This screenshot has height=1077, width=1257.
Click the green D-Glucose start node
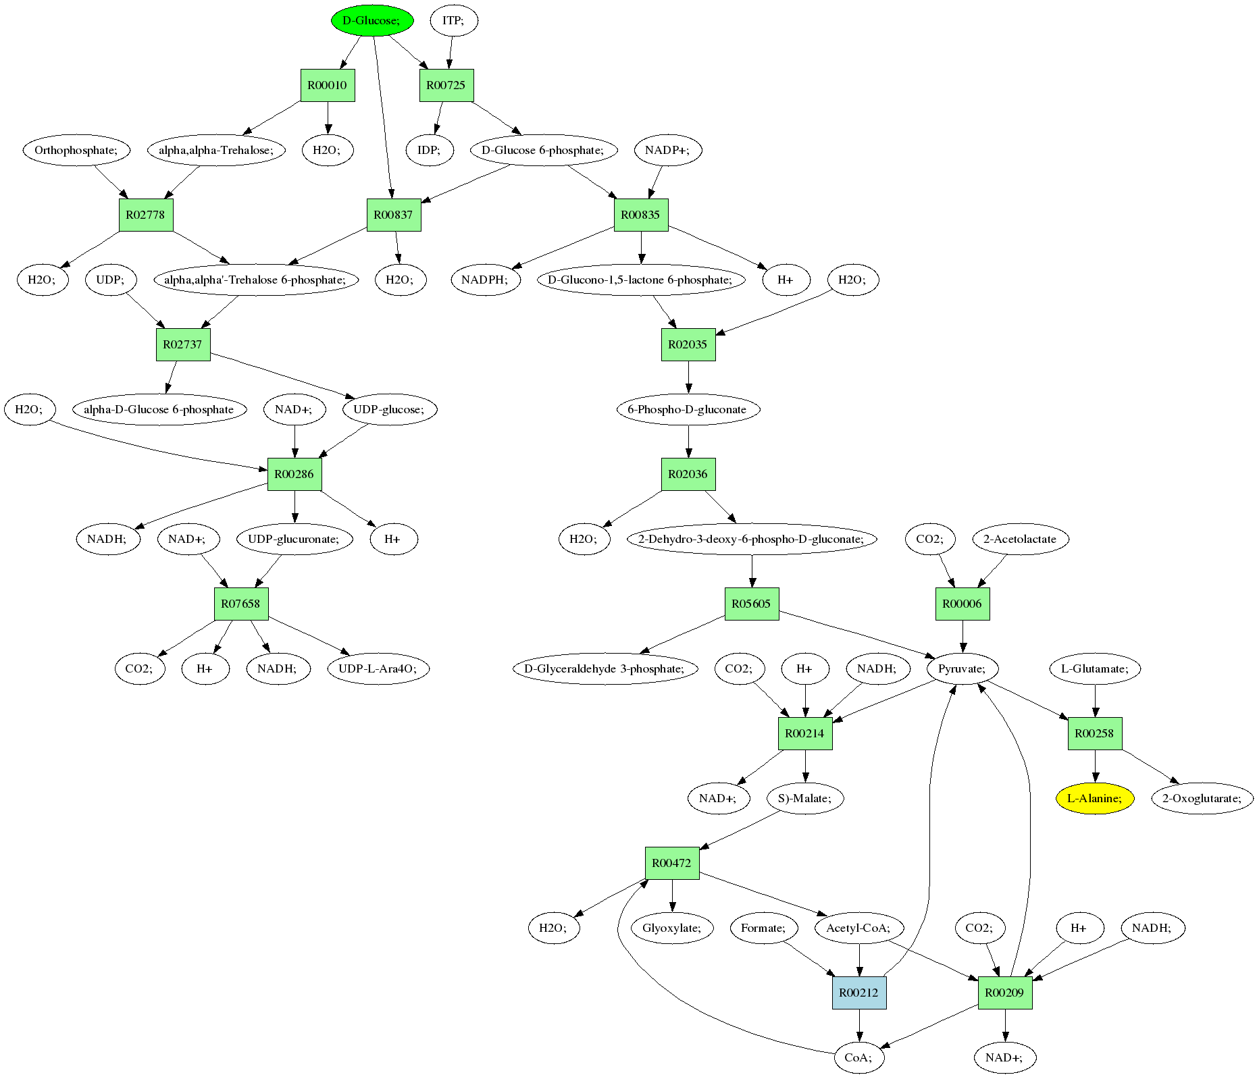pyautogui.click(x=371, y=20)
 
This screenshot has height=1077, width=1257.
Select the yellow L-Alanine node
pyautogui.click(x=1094, y=798)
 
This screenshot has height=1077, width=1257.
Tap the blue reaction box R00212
pyautogui.click(x=858, y=993)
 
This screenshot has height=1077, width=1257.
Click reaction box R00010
pyautogui.click(x=328, y=85)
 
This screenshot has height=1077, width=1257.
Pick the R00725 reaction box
pyautogui.click(x=446, y=85)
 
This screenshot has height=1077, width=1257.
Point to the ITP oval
pyautogui.click(x=453, y=20)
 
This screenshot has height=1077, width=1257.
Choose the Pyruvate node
pyautogui.click(x=962, y=668)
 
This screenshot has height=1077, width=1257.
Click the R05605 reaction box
pyautogui.click(x=751, y=604)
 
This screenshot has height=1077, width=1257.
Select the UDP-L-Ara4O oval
pyautogui.click(x=378, y=668)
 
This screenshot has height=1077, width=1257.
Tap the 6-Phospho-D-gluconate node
pyautogui.click(x=688, y=409)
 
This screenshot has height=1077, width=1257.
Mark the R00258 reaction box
pyautogui.click(x=1094, y=733)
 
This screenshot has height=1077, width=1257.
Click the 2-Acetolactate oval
pyautogui.click(x=1020, y=539)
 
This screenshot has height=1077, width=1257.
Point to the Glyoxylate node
pyautogui.click(x=672, y=928)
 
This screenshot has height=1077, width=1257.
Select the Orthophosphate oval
pyautogui.click(x=76, y=150)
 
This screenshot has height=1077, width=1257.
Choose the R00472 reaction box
pyautogui.click(x=672, y=863)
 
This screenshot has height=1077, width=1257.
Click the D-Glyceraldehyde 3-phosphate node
pyautogui.click(x=605, y=668)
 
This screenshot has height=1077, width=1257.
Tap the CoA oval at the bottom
pyautogui.click(x=858, y=1057)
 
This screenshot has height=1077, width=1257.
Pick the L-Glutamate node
pyautogui.click(x=1094, y=668)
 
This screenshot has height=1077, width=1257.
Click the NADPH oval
pyautogui.click(x=485, y=280)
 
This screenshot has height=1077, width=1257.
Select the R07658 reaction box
pyautogui.click(x=241, y=604)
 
